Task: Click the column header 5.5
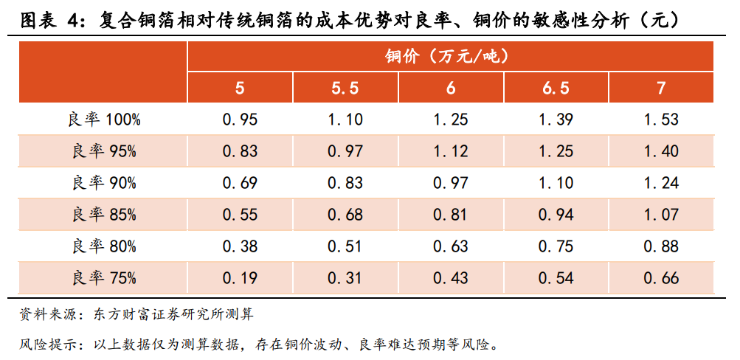345,89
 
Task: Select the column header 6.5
556,89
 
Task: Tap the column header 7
661,89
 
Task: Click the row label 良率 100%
104,120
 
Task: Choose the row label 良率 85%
104,215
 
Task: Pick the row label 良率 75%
104,278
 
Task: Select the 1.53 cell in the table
661,120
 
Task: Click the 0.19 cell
240,278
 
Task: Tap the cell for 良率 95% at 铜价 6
450,151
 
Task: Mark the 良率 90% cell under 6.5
556,183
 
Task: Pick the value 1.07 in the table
661,215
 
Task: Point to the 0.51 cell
345,246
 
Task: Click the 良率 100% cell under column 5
240,120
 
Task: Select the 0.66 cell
661,278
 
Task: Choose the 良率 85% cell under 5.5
345,215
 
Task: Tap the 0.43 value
450,278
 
